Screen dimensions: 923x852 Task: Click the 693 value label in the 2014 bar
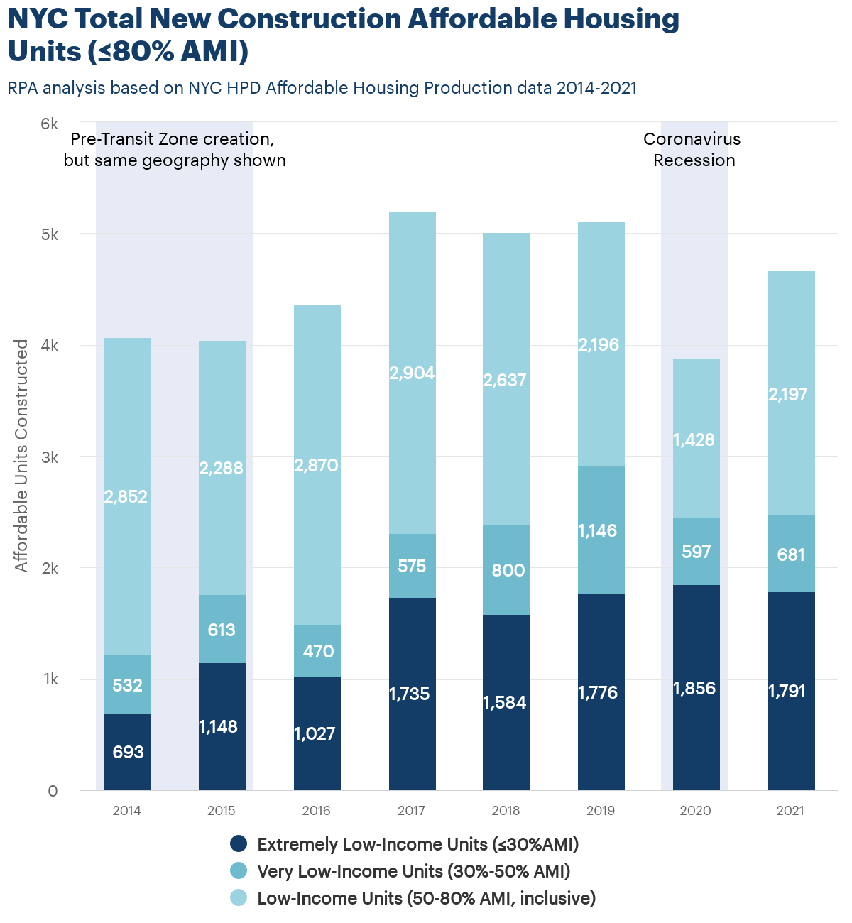click(x=128, y=752)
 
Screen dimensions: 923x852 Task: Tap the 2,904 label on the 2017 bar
click(x=412, y=373)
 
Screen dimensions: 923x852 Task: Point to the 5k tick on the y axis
click(x=49, y=235)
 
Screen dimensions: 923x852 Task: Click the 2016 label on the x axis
click(x=317, y=811)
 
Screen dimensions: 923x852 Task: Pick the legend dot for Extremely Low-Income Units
click(x=239, y=844)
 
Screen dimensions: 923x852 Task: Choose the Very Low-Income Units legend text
click(x=413, y=871)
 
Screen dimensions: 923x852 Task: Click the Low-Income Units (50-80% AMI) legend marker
click(x=239, y=898)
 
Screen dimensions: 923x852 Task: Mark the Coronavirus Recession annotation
click(x=693, y=150)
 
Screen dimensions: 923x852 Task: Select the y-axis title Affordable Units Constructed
click(x=22, y=455)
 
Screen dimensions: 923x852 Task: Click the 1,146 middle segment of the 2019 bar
click(x=601, y=530)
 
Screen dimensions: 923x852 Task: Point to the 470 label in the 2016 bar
click(x=317, y=651)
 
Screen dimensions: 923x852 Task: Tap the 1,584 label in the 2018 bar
click(x=505, y=702)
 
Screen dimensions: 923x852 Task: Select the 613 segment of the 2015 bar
click(x=222, y=630)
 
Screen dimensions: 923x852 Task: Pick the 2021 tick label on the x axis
click(x=790, y=811)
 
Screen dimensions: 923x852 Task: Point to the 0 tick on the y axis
click(x=53, y=791)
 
